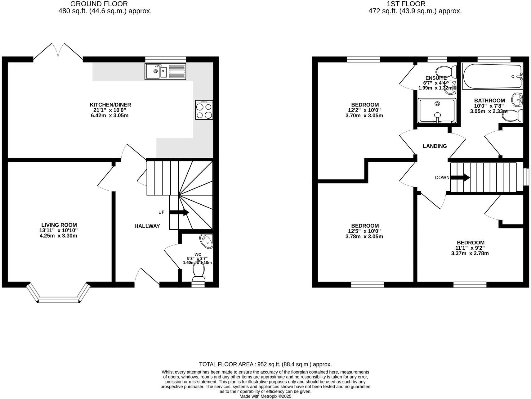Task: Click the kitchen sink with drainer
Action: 165,71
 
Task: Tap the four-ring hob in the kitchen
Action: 204,110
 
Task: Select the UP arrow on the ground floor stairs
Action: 179,212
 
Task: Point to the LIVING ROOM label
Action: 59,225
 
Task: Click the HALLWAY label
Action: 147,226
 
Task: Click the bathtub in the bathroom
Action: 492,76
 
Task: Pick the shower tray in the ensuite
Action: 437,110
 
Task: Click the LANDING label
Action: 435,146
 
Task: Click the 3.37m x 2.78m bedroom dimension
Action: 470,253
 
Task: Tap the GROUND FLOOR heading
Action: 99,4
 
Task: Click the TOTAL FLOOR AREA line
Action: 265,364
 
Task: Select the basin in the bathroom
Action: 517,100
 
